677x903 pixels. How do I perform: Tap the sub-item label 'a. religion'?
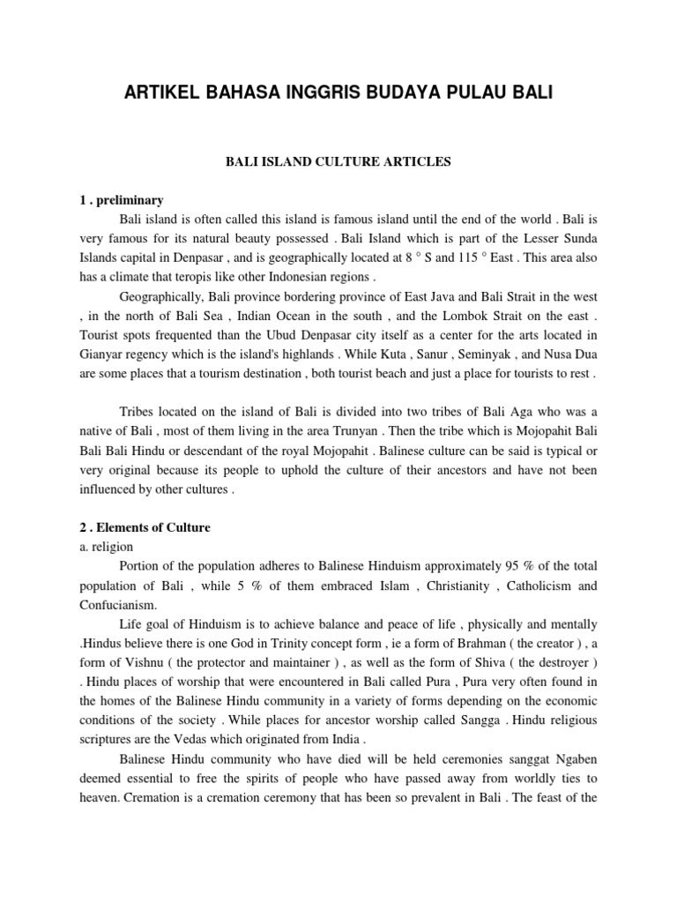click(x=106, y=547)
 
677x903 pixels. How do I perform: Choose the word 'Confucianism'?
click(x=118, y=605)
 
